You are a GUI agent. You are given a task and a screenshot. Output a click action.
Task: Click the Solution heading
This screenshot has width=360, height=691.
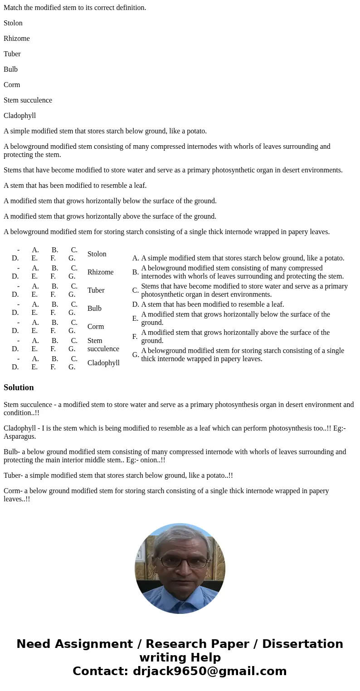tap(19, 387)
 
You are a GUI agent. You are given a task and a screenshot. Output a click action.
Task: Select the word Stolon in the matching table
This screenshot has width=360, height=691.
tap(97, 254)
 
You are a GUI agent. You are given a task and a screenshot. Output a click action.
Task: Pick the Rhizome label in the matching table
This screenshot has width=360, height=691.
tap(100, 272)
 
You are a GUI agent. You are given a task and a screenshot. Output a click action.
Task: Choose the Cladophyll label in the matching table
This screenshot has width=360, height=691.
tap(103, 363)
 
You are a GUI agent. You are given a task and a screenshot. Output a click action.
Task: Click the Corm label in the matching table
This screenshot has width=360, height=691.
tap(96, 327)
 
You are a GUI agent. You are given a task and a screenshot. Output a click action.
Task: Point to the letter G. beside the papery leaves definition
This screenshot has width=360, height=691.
tap(136, 355)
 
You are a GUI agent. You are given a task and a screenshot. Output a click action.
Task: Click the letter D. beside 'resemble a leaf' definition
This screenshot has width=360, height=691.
tap(136, 304)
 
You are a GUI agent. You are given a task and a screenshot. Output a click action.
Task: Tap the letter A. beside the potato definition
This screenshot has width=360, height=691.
tap(136, 258)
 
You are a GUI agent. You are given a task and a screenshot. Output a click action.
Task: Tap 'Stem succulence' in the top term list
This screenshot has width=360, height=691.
tap(28, 100)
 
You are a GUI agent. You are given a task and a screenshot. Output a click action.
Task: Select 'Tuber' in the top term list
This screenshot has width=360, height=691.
tap(12, 54)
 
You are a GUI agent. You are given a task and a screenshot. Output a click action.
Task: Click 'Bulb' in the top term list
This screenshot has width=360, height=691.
tap(10, 69)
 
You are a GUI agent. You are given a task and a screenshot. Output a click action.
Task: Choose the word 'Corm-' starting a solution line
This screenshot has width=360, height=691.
tap(13, 491)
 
